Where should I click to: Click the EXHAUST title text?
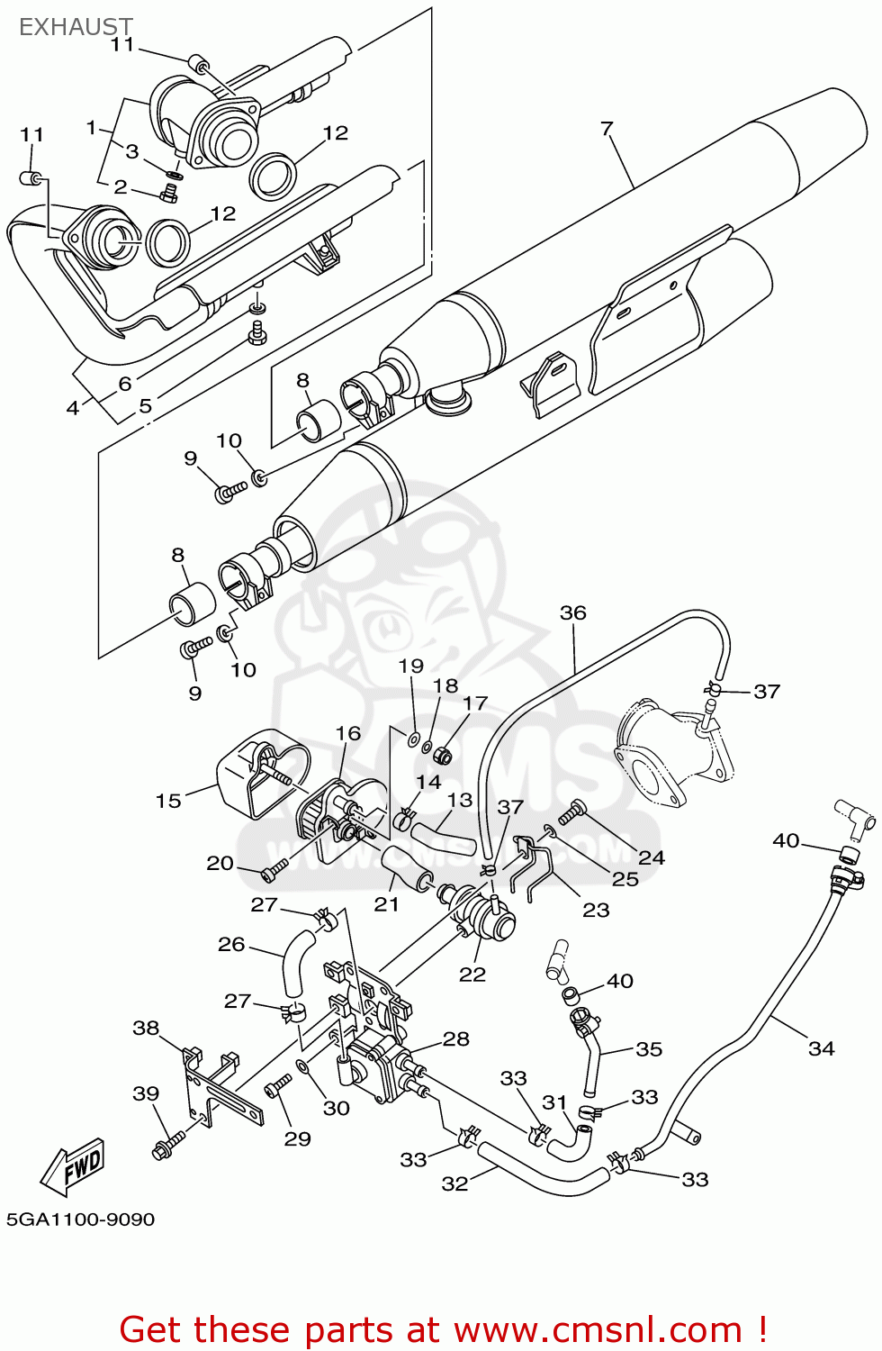[76, 27]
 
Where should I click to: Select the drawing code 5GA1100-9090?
[81, 1220]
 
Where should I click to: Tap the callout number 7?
[607, 129]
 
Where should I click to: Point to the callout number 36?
[572, 613]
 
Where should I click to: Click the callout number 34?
[821, 1048]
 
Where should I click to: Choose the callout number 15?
[168, 801]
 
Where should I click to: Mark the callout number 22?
[472, 975]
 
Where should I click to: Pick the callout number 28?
[456, 1039]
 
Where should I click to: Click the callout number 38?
[146, 1029]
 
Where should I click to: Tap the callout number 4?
[73, 408]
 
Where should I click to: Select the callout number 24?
[651, 857]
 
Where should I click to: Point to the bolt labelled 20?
[274, 871]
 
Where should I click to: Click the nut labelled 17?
[443, 755]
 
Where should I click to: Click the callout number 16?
[348, 733]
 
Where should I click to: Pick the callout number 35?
[648, 1049]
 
